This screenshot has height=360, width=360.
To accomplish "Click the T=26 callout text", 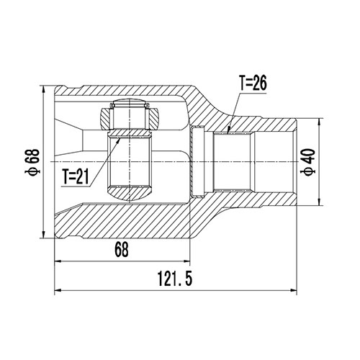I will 252,84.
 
